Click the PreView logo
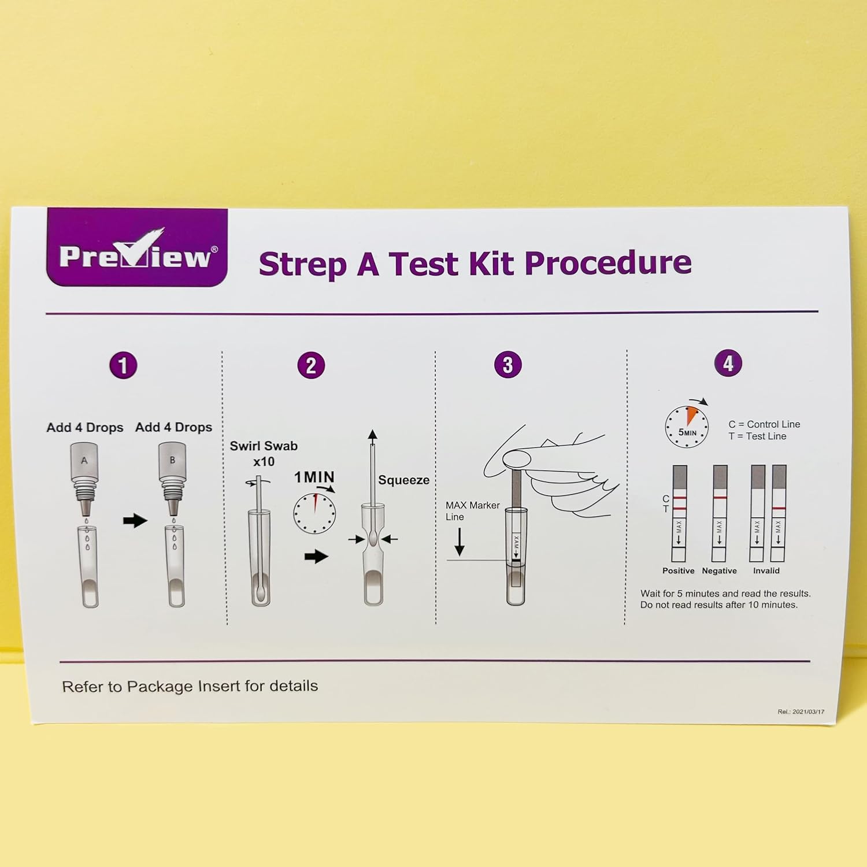(137, 247)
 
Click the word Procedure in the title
(608, 264)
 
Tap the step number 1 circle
(123, 365)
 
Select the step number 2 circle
(311, 365)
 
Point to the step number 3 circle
(507, 365)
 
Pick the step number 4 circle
(728, 364)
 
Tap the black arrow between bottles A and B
(135, 520)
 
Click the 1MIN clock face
(314, 513)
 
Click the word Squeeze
(403, 480)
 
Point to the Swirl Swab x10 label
(264, 454)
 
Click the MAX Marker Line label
(472, 511)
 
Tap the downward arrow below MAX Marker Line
(460, 542)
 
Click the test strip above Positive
(679, 513)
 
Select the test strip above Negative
(720, 513)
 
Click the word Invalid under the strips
(766, 570)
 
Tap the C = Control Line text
(764, 424)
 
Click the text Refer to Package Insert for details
(190, 686)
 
